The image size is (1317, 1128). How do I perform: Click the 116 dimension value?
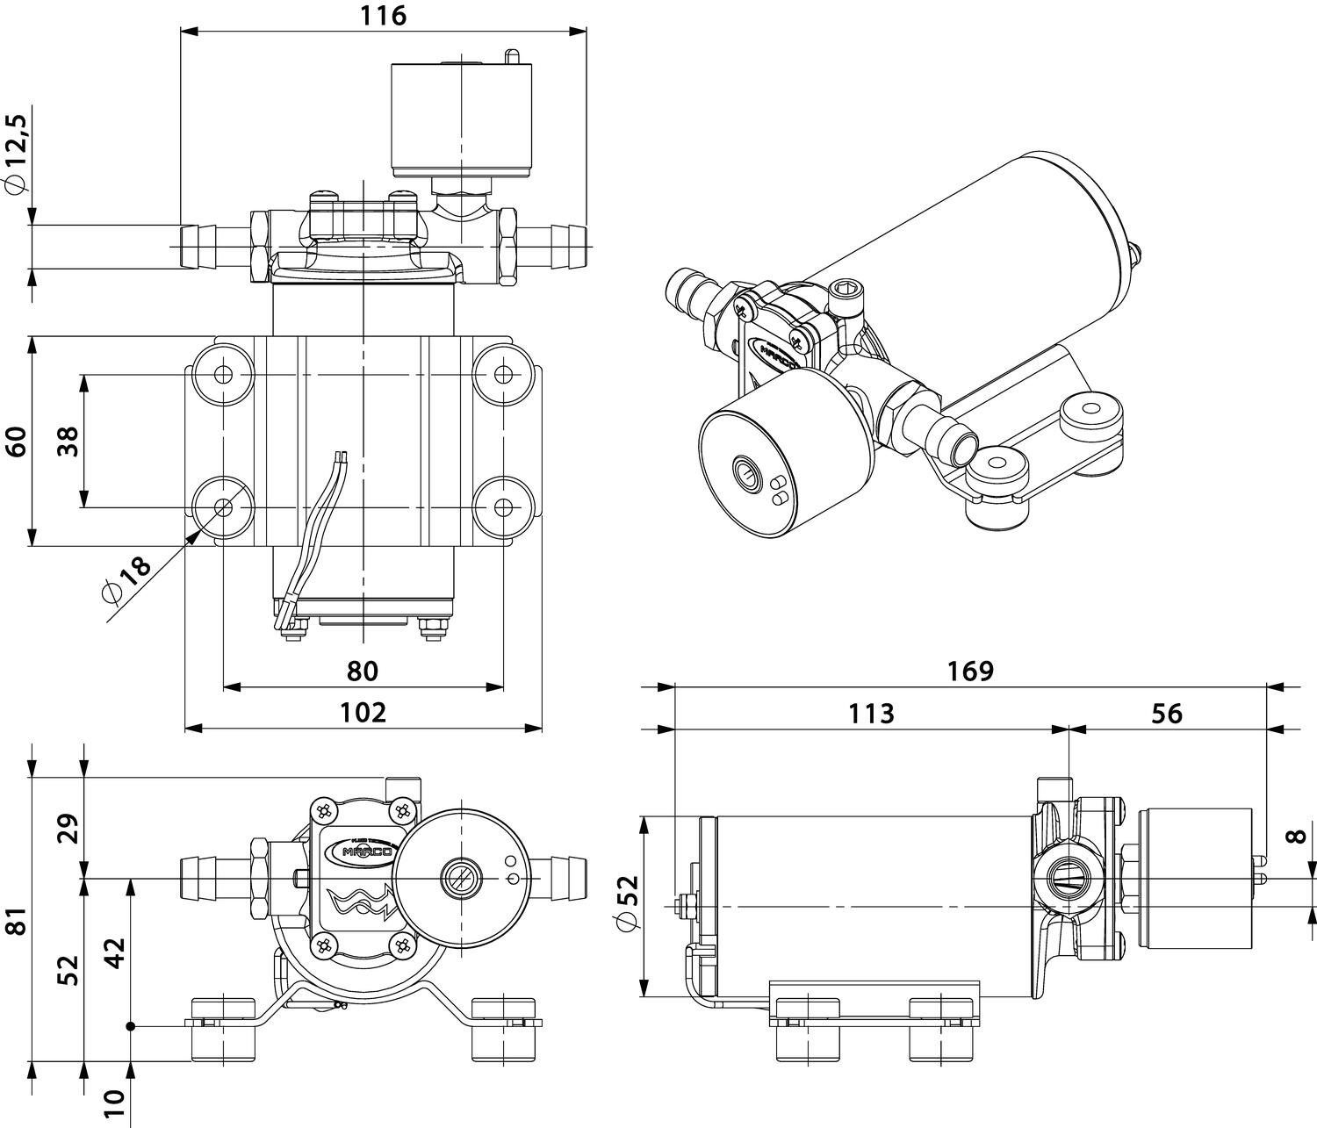point(384,16)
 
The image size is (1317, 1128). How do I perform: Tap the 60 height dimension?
point(17,441)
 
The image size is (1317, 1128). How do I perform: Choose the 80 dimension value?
point(362,671)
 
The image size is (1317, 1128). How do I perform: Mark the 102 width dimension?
point(363,712)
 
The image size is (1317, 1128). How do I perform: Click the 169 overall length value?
point(969,671)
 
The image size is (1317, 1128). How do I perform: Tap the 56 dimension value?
point(1167,713)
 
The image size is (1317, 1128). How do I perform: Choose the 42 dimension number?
point(116,952)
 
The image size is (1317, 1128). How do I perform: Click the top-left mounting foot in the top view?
point(223,375)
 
